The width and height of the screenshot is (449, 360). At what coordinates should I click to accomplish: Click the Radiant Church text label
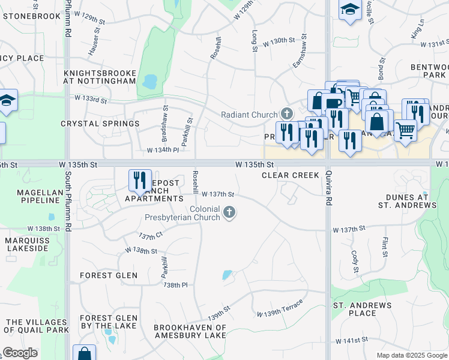(x=249, y=115)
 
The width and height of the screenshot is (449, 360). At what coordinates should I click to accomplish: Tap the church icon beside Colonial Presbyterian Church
(x=229, y=212)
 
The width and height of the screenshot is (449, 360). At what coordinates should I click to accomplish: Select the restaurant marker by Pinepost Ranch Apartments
(x=140, y=180)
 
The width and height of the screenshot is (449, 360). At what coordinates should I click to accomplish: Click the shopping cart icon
(x=406, y=129)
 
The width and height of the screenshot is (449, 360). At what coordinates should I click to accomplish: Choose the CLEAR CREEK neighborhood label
(x=290, y=175)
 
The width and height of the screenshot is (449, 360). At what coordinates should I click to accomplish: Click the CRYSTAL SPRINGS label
(x=100, y=124)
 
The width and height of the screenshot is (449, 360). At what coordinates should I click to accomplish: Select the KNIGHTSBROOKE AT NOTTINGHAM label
(x=100, y=77)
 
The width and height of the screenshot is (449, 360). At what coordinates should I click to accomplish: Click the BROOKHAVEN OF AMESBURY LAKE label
(x=190, y=332)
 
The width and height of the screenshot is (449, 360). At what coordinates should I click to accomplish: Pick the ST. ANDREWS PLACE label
(x=363, y=309)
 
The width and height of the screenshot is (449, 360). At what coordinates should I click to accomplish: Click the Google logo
(x=20, y=353)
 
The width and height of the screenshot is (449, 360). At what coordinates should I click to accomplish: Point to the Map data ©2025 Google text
(x=411, y=355)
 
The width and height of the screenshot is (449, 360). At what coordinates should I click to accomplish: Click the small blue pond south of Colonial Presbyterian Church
(x=227, y=275)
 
